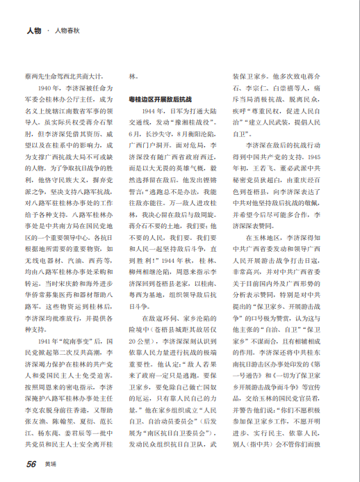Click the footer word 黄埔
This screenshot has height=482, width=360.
click(x=49, y=463)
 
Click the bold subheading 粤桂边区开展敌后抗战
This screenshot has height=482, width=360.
click(x=161, y=99)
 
